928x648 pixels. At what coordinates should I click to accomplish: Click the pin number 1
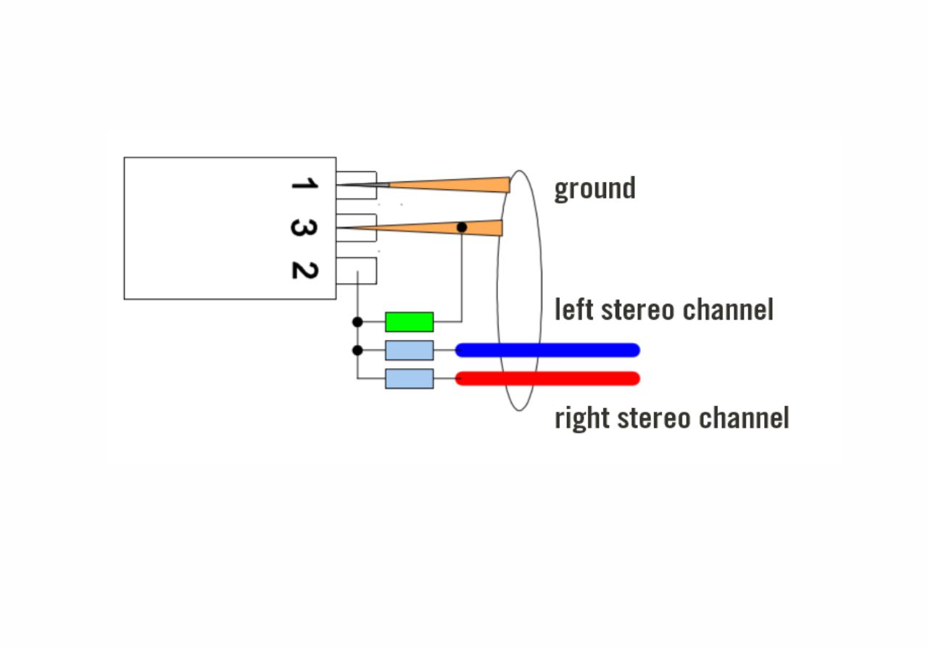click(x=304, y=183)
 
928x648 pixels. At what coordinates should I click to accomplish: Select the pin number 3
click(x=304, y=228)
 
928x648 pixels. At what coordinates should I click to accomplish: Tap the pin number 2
click(x=304, y=270)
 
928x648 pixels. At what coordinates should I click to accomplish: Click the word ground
click(x=594, y=188)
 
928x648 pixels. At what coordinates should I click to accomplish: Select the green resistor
click(x=409, y=322)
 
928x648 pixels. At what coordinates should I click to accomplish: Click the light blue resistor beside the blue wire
click(x=409, y=350)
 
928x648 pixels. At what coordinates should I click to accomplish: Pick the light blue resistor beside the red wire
click(x=409, y=378)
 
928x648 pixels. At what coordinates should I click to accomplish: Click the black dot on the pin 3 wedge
click(x=462, y=228)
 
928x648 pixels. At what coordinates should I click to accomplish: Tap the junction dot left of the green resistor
click(x=357, y=322)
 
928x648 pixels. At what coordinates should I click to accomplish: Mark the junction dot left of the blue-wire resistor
click(x=357, y=350)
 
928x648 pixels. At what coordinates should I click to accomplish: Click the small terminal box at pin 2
click(x=366, y=270)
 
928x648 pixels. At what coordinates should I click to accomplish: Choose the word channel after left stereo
click(x=729, y=310)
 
